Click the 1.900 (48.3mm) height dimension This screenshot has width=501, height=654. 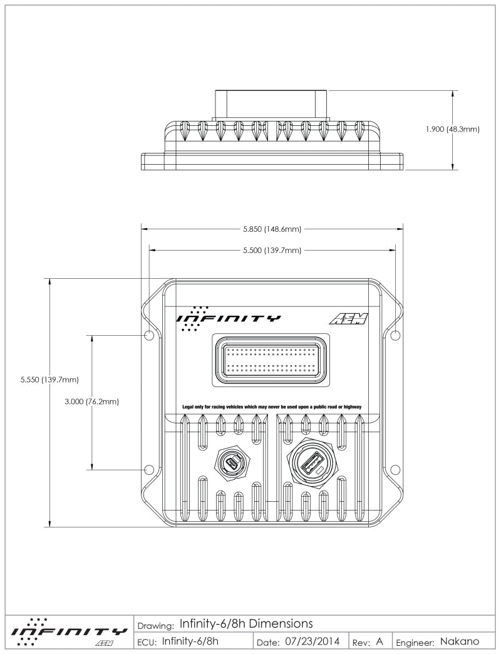tap(452, 130)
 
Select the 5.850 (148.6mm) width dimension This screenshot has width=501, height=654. tap(272, 229)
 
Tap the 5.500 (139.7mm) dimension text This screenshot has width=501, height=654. tap(272, 251)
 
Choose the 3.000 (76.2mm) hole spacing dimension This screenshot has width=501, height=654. tap(92, 401)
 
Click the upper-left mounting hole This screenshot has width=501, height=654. tap(149, 336)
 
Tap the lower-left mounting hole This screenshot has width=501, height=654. tap(149, 469)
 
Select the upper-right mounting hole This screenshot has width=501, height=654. tap(395, 336)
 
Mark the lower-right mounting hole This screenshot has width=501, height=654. tap(395, 469)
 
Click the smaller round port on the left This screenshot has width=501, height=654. tap(232, 465)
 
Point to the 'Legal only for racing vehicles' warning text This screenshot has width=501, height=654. tap(272, 407)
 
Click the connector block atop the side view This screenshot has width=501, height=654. tap(272, 104)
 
